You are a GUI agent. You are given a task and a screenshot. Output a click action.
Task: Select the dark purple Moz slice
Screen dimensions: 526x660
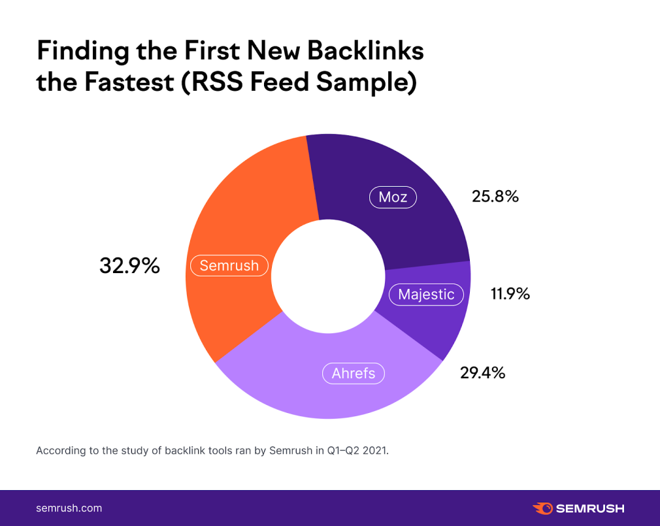366,170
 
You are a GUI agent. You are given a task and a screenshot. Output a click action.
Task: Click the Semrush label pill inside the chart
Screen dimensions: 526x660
229,265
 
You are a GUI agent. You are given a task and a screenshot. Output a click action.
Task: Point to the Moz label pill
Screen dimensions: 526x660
393,197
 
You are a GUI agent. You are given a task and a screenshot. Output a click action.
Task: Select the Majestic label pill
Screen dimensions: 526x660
426,295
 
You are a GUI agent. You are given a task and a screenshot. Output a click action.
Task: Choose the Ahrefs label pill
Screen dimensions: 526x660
354,373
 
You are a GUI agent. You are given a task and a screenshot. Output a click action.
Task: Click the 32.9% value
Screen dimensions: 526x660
129,266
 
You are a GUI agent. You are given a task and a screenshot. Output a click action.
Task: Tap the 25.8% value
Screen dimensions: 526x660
495,196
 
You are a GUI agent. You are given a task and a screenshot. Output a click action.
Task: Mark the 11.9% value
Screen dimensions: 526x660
510,294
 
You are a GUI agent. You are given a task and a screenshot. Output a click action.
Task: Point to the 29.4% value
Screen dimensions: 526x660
482,373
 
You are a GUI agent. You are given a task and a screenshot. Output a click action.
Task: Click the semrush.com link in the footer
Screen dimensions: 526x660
69,508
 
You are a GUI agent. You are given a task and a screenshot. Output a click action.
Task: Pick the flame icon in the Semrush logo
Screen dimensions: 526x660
542,508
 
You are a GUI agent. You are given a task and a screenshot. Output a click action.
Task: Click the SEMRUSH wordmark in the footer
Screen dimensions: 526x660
590,508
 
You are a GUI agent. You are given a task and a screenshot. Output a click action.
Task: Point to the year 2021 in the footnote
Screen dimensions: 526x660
374,450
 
